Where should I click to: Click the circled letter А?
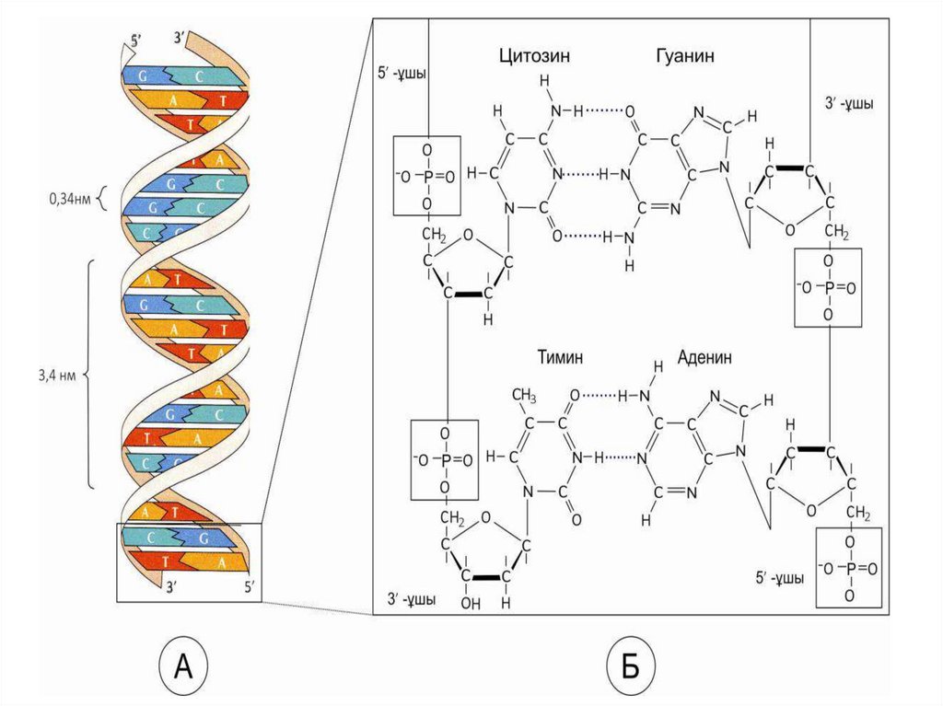coord(184,665)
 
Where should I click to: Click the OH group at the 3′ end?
coord(471,604)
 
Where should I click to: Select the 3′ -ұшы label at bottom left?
coord(411,599)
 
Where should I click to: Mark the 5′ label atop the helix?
coord(136,41)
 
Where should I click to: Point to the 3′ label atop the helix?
coord(180,39)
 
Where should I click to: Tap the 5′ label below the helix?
coord(245,583)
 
